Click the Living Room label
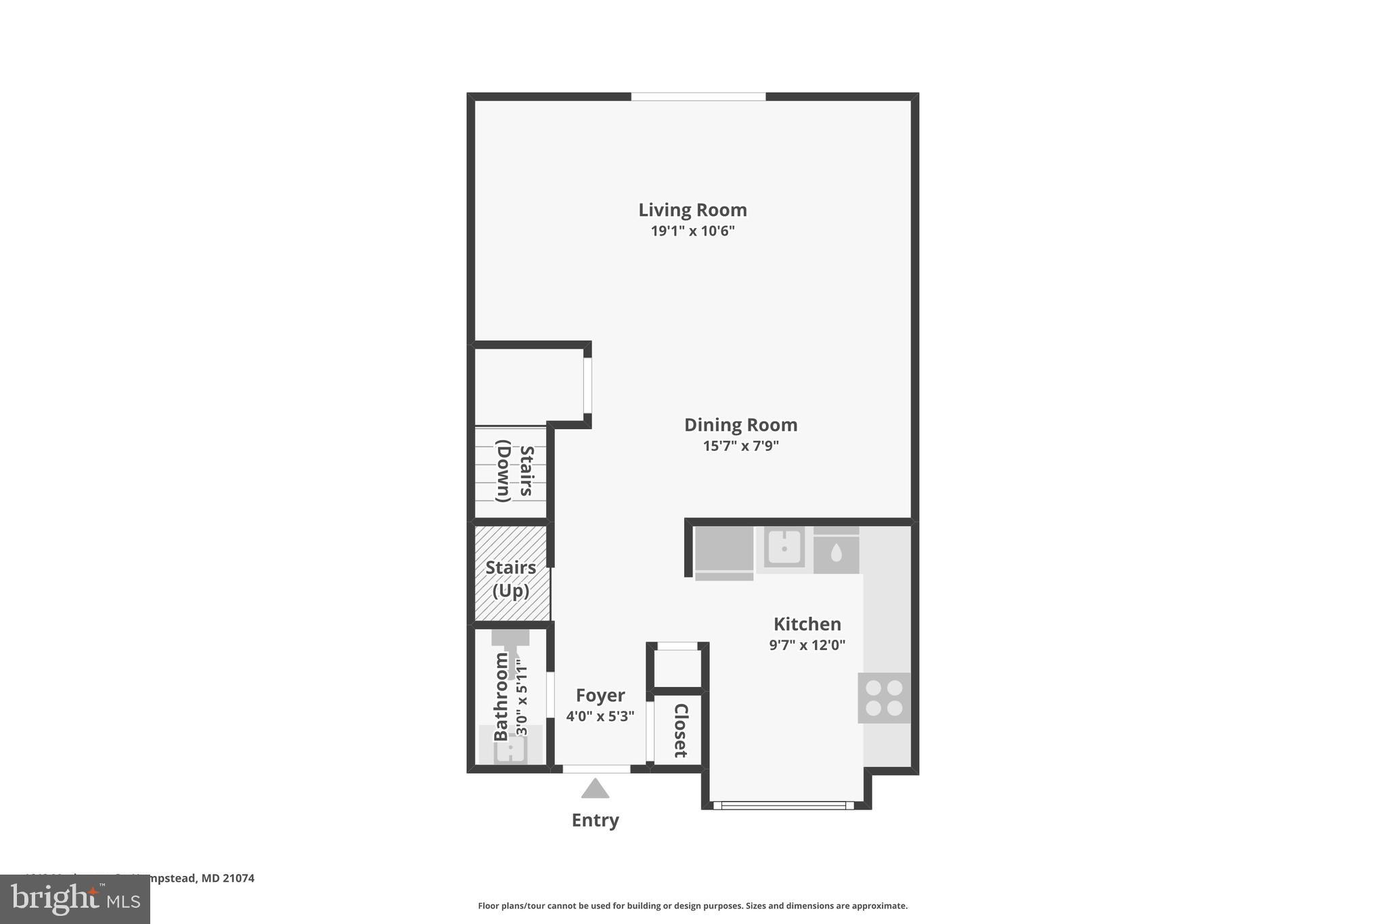pyautogui.click(x=692, y=210)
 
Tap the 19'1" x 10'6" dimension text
pyautogui.click(x=692, y=231)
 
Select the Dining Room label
pyautogui.click(x=740, y=425)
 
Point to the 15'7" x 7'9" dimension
pyautogui.click(x=740, y=446)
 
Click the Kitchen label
pyautogui.click(x=807, y=624)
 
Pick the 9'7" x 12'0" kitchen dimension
pyautogui.click(x=807, y=645)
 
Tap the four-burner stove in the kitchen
pyautogui.click(x=884, y=698)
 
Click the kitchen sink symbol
pyautogui.click(x=784, y=547)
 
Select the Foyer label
pyautogui.click(x=600, y=696)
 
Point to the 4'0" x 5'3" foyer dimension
pyautogui.click(x=600, y=716)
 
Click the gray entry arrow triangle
pyautogui.click(x=595, y=789)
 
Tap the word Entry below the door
pyautogui.click(x=595, y=820)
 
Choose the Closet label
pyautogui.click(x=680, y=730)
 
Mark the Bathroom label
pyautogui.click(x=501, y=697)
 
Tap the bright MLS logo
pyautogui.click(x=75, y=899)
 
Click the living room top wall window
pyautogui.click(x=698, y=97)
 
